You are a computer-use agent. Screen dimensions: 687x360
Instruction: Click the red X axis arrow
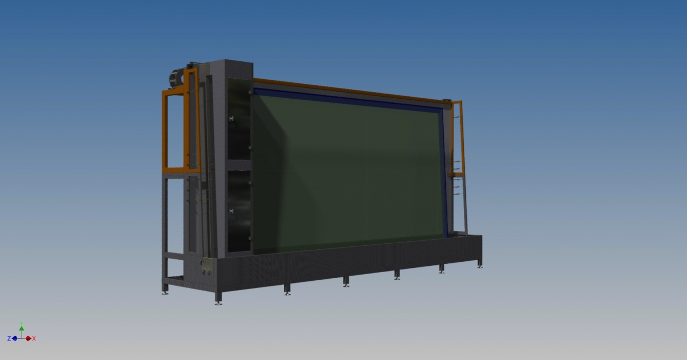pos(28,338)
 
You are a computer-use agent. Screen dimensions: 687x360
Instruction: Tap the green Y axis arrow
pos(21,329)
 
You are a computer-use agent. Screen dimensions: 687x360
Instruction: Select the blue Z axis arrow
pos(14,338)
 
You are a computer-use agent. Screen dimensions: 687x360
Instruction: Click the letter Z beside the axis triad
pos(9,338)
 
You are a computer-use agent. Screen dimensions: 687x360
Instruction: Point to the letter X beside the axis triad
pos(34,338)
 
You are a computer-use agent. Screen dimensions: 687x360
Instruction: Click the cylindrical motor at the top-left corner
pos(176,79)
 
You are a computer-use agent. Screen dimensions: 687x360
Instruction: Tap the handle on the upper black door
pos(231,119)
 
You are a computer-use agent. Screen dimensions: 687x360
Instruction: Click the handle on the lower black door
pos(231,211)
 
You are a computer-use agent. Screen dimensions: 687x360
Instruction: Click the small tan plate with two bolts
pos(207,265)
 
